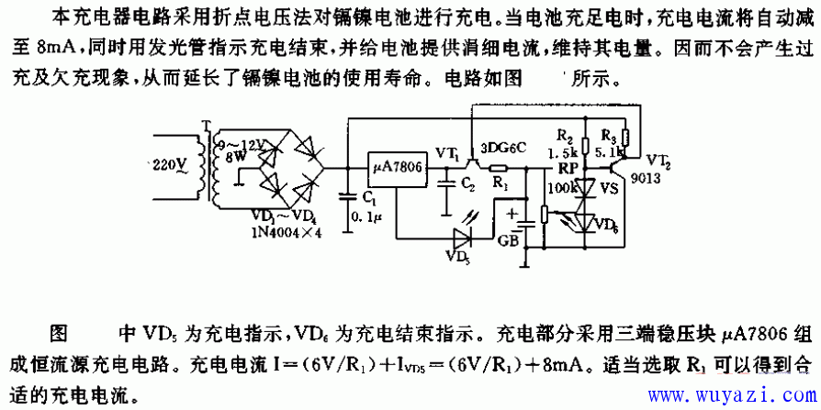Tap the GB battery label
(508, 242)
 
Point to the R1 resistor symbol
(499, 168)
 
